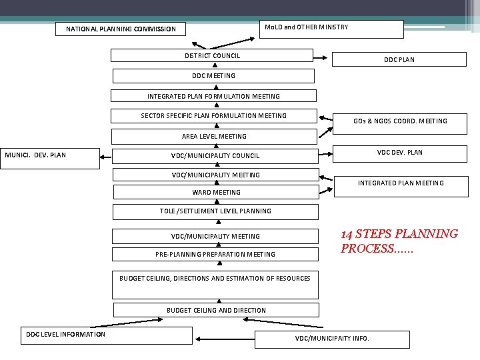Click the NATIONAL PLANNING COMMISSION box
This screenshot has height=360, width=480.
(121, 29)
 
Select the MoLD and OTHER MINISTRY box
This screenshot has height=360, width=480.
(330, 28)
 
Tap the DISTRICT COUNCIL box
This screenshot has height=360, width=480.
(212, 56)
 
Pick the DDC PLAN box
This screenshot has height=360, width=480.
(399, 59)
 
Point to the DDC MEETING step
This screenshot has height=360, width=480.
(213, 76)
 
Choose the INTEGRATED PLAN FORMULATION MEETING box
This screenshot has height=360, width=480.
(213, 96)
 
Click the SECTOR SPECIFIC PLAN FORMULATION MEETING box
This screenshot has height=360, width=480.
(213, 116)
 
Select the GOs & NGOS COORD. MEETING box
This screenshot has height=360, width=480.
(400, 121)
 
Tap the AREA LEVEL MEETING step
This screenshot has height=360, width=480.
(213, 136)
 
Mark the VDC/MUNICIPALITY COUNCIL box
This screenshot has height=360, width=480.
(215, 156)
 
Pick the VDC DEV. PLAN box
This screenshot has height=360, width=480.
(399, 153)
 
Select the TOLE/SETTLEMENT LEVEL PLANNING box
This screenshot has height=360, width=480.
(215, 211)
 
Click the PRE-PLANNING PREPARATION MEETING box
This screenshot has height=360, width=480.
(215, 254)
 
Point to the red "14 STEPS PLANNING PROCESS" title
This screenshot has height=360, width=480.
(399, 241)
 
